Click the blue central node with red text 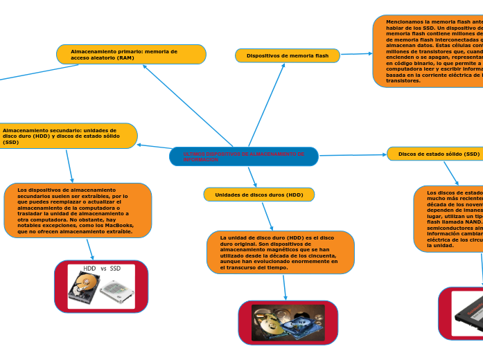coord(243,156)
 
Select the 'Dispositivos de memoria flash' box coord(288,55)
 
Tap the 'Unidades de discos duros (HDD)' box coord(259,195)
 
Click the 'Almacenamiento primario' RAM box coord(131,54)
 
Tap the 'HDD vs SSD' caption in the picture coord(102,268)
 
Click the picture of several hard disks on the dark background coord(288,322)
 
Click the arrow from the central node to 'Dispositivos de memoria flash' coord(266,104)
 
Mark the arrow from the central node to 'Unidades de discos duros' coord(252,177)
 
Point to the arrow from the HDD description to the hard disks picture coord(284,287)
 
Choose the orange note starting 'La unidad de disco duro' coord(280,252)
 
